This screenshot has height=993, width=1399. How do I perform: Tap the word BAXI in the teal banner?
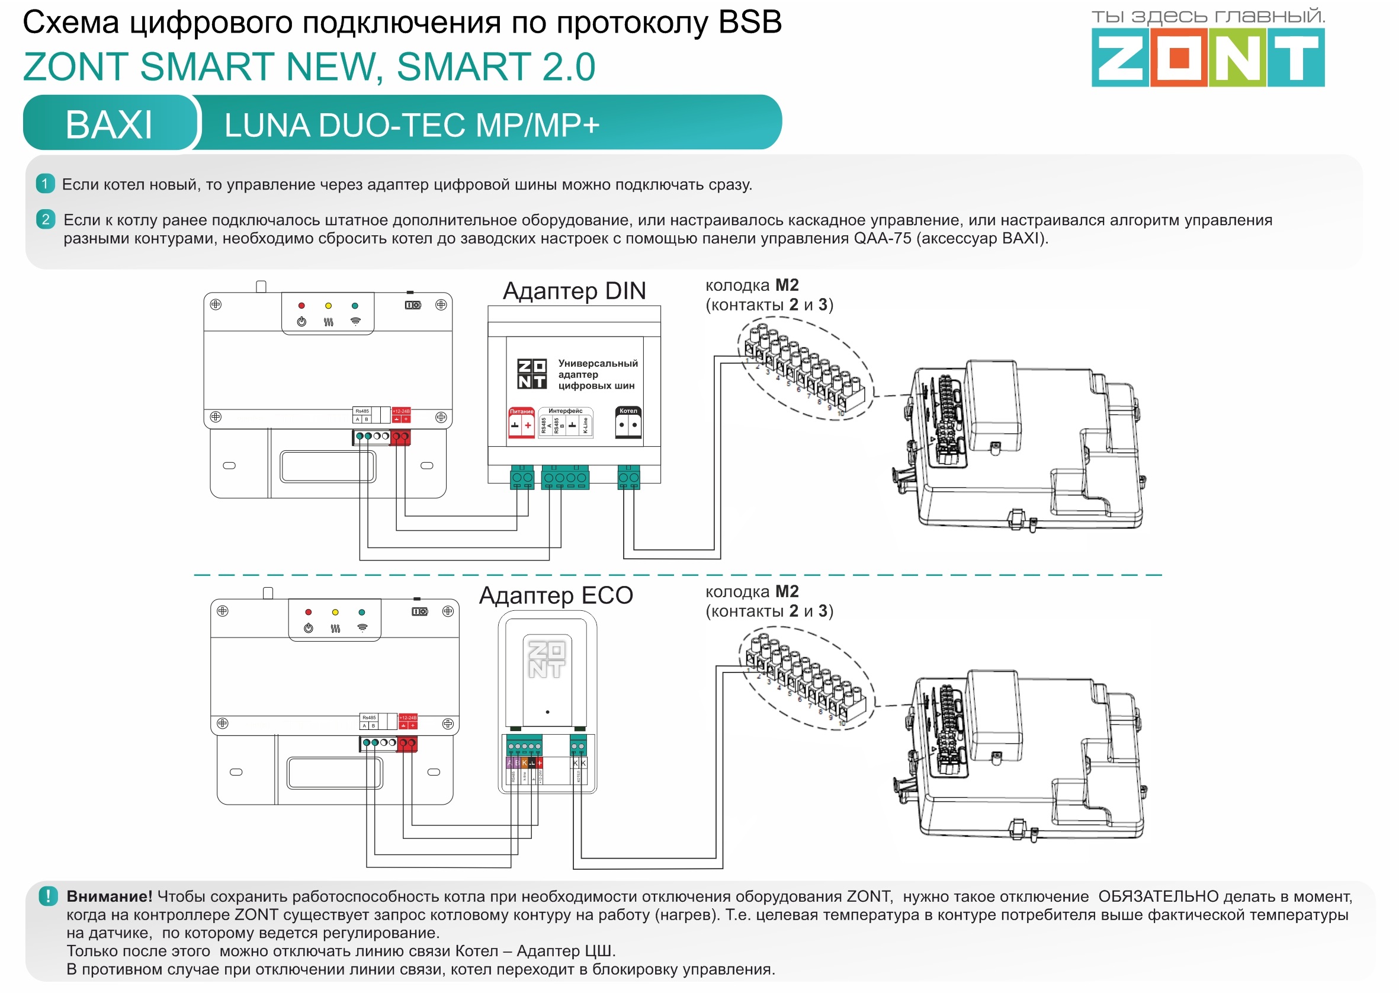(x=109, y=125)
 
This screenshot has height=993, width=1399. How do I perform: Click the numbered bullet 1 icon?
(x=45, y=184)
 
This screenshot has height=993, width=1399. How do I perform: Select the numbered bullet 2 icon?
(x=46, y=219)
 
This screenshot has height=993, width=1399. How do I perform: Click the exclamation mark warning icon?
(x=47, y=896)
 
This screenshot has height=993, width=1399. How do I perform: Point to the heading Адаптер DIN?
(x=574, y=291)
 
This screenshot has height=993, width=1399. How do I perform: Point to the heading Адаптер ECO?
(x=556, y=595)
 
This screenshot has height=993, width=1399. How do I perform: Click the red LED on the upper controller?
(x=301, y=306)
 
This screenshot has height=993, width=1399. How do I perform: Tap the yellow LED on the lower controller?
(x=335, y=612)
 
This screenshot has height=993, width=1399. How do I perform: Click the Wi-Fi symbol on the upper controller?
(x=355, y=322)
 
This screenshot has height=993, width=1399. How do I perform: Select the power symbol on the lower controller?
(x=308, y=629)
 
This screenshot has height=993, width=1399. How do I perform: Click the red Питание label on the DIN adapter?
(x=521, y=412)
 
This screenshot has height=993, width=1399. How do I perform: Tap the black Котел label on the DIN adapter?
(x=628, y=411)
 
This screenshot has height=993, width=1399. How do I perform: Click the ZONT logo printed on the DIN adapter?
(x=532, y=374)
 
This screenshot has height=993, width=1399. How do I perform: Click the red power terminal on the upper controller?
(x=400, y=437)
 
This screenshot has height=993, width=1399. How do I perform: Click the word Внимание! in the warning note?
(x=109, y=896)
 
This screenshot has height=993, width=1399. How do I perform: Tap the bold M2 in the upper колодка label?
(x=787, y=286)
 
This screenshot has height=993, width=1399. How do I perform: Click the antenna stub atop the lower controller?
(x=268, y=593)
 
